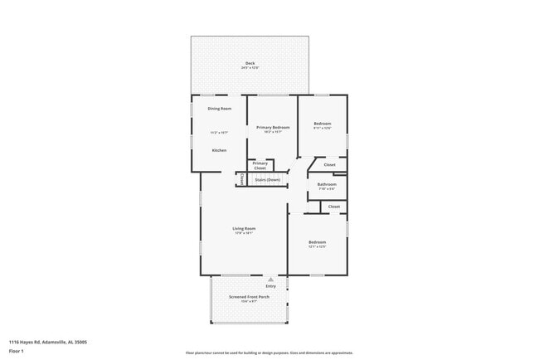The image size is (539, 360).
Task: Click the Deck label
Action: [x=250, y=64]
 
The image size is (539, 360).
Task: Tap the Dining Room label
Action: [x=220, y=109]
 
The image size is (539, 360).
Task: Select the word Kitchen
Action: [x=219, y=150]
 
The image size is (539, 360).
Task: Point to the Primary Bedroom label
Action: [x=272, y=127]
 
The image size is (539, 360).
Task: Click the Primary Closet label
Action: [x=260, y=166]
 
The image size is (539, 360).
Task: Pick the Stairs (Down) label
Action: [x=267, y=179]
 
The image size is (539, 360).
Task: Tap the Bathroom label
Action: [x=327, y=183]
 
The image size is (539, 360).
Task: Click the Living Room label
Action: [x=243, y=228]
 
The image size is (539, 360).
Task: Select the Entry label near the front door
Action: [x=270, y=286]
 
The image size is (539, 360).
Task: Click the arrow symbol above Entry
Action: [x=270, y=280]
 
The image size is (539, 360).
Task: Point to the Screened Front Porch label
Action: [x=250, y=296]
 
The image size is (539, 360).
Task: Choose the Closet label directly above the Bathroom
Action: [x=329, y=165]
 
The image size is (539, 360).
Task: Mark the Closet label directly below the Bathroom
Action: [x=333, y=207]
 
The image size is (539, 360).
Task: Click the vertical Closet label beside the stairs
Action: [x=241, y=179]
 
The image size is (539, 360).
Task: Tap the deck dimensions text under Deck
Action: [x=250, y=69]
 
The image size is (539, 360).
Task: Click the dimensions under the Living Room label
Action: [x=243, y=233]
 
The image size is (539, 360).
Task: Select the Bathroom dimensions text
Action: [x=327, y=188]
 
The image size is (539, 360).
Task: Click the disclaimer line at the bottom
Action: [x=269, y=353]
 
